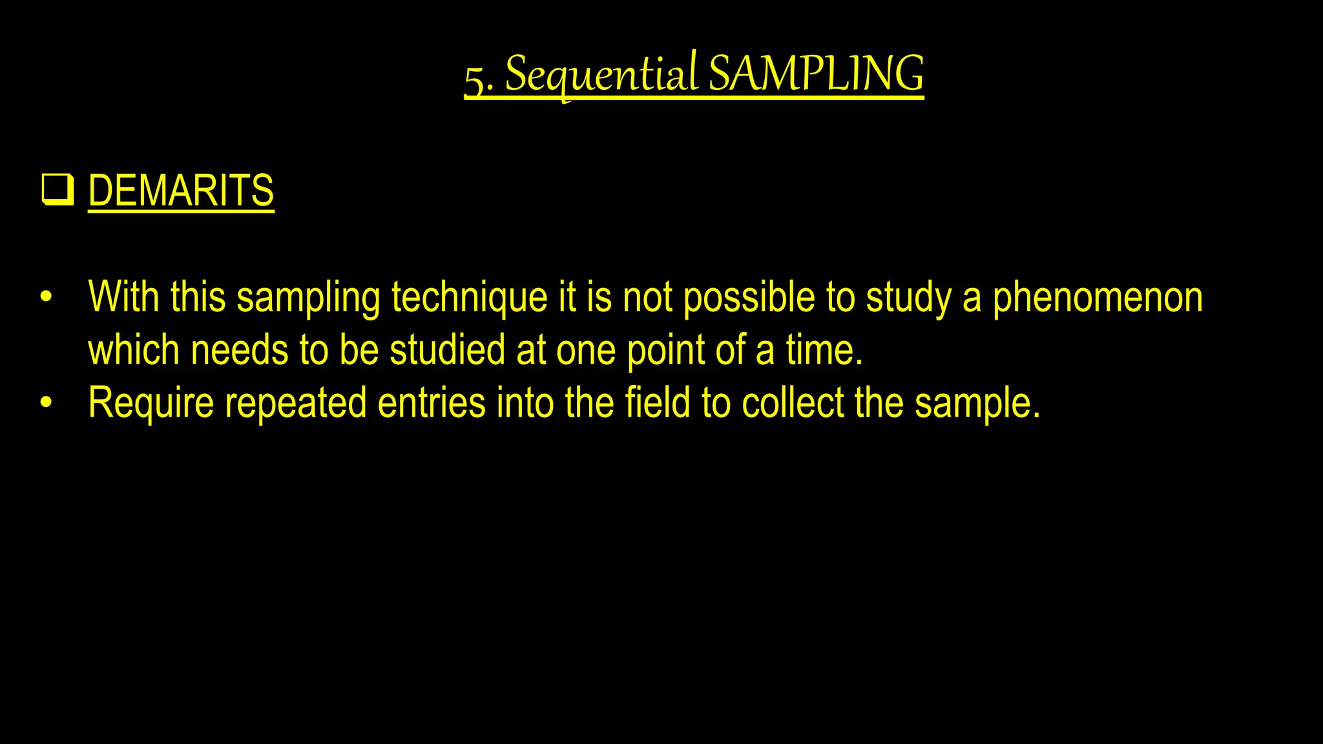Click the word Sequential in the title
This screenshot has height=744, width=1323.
(601, 74)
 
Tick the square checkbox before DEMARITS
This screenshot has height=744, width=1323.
(57, 189)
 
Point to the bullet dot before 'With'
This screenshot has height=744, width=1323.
(45, 298)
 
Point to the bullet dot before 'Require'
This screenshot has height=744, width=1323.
(45, 403)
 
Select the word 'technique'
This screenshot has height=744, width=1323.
(470, 298)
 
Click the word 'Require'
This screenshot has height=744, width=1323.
(151, 403)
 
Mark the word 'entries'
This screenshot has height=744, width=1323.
(431, 403)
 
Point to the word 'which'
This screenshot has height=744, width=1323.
(133, 350)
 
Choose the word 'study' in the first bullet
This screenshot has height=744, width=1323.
(908, 298)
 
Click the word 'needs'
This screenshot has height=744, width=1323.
(239, 350)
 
